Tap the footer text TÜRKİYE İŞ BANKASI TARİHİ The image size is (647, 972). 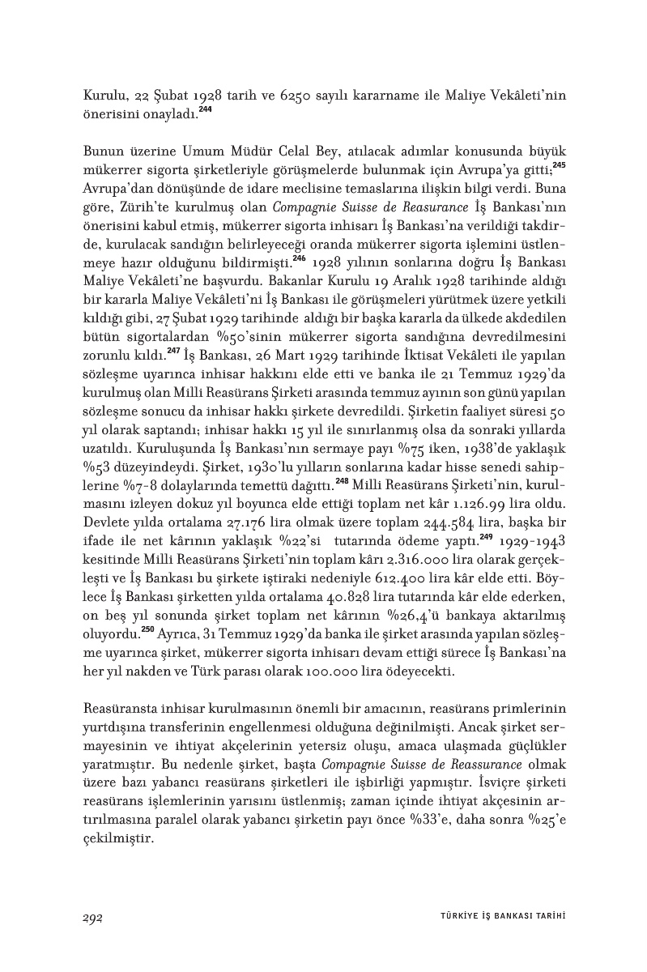[496, 917]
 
